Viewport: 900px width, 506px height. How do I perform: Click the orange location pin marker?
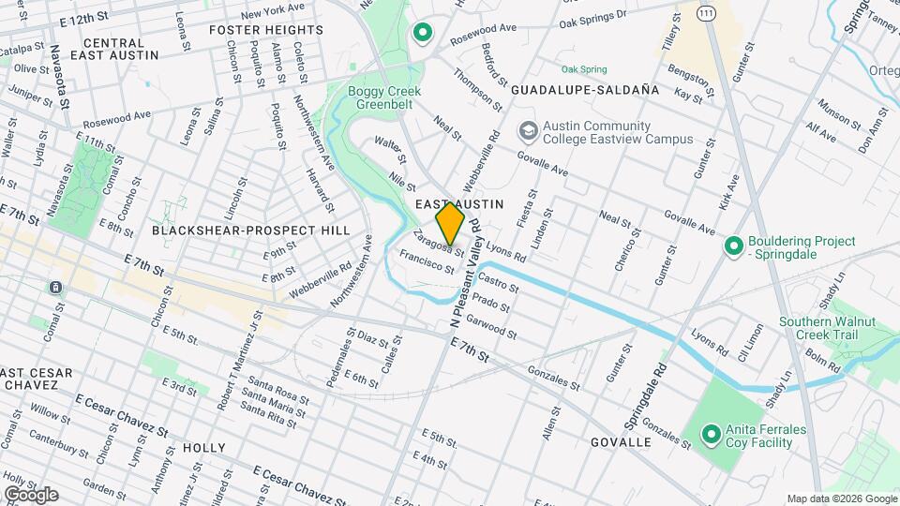coord(450,223)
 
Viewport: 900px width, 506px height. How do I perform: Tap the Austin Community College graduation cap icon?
coord(528,130)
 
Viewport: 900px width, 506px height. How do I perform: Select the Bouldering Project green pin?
coord(735,246)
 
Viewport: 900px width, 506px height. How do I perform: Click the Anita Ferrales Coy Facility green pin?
coord(712,435)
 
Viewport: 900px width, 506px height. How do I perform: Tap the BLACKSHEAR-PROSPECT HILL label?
coord(250,230)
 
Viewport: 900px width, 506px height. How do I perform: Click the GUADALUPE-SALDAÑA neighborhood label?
coord(585,90)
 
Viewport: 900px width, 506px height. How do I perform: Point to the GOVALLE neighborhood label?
coord(622,441)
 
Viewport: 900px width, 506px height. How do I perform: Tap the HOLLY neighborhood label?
coord(204,448)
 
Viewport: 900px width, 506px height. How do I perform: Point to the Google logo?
coord(30,495)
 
